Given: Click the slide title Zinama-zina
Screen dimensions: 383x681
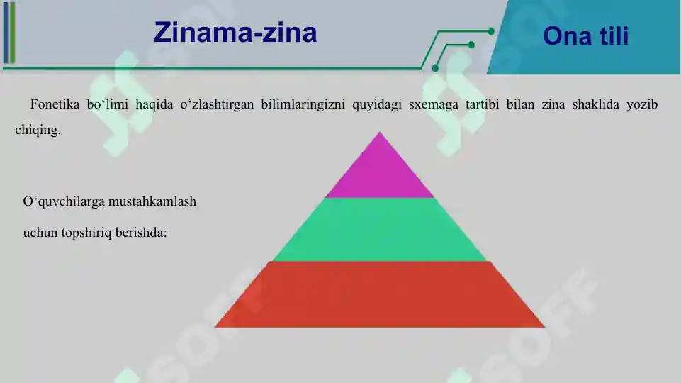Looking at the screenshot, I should (235, 33).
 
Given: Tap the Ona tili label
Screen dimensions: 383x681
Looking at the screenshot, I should (586, 36).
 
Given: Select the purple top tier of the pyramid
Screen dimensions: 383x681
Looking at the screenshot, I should (380, 171).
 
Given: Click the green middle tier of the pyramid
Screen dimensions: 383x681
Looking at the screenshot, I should (380, 230).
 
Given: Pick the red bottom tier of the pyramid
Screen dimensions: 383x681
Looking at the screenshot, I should (380, 294).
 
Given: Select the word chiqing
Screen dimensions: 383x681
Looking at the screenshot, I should (38, 130).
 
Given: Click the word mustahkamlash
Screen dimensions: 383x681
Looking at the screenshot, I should (152, 201).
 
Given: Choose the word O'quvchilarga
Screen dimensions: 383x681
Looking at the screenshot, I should (64, 201).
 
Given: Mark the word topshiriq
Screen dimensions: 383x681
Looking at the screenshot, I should (88, 232).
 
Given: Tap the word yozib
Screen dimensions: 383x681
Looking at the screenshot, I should (642, 105).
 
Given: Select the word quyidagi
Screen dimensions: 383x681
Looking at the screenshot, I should (375, 105).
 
